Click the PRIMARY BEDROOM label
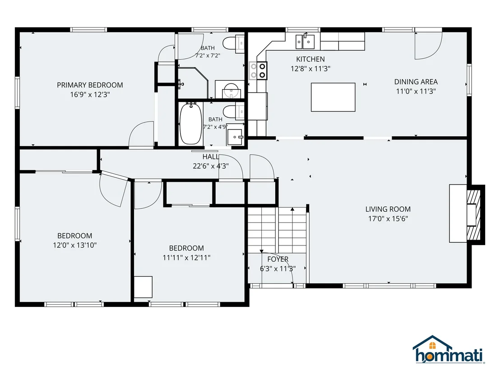tap(90, 85)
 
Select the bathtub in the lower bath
tap(191, 123)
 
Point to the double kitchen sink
tap(305, 42)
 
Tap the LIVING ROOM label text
tap(388, 209)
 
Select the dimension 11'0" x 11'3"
tap(416, 91)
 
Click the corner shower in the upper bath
tap(193, 83)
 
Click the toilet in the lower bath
tap(233, 112)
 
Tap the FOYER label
tap(278, 259)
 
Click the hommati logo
tap(449, 350)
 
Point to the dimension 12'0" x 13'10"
tap(75, 245)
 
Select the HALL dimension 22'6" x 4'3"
tap(211, 166)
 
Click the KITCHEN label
tap(310, 59)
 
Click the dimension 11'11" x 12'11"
tap(186, 258)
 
